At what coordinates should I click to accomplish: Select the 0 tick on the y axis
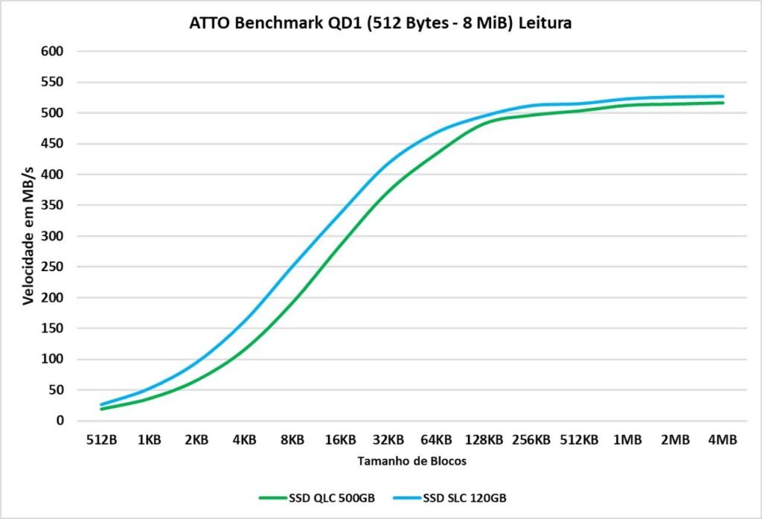pyautogui.click(x=60, y=421)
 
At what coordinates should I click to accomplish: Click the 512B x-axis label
pyautogui.click(x=101, y=440)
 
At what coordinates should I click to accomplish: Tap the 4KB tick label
pyautogui.click(x=244, y=440)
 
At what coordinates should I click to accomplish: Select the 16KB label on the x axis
pyautogui.click(x=340, y=440)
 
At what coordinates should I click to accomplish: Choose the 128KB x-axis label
pyautogui.click(x=484, y=440)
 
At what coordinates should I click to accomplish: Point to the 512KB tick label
pyautogui.click(x=579, y=440)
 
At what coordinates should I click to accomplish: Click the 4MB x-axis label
pyautogui.click(x=722, y=440)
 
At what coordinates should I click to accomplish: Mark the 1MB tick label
pyautogui.click(x=627, y=440)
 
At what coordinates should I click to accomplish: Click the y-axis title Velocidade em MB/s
pyautogui.click(x=28, y=235)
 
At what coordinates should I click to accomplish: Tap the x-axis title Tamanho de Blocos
pyautogui.click(x=412, y=461)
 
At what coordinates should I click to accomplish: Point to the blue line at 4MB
pyautogui.click(x=722, y=96)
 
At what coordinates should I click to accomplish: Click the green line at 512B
pyautogui.click(x=102, y=409)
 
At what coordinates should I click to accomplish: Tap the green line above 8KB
pyautogui.click(x=292, y=299)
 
